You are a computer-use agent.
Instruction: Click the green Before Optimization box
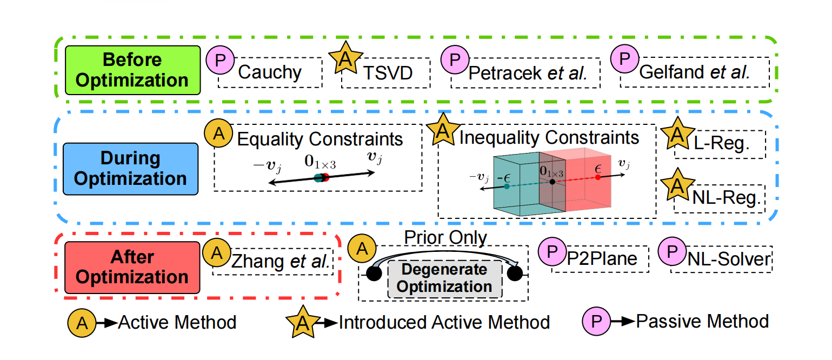point(132,70)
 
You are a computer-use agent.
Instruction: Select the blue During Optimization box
point(130,168)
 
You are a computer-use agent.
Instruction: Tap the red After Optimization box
point(132,266)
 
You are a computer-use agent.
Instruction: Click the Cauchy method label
point(270,72)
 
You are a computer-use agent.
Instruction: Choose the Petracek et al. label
point(528,72)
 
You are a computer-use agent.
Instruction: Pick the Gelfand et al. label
point(695,72)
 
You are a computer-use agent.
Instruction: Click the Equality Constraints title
point(320,139)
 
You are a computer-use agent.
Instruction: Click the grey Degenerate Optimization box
point(444,278)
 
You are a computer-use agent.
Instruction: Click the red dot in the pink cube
point(597,177)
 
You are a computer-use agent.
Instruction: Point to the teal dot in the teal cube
point(506,186)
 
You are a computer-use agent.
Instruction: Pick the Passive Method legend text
point(702,321)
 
